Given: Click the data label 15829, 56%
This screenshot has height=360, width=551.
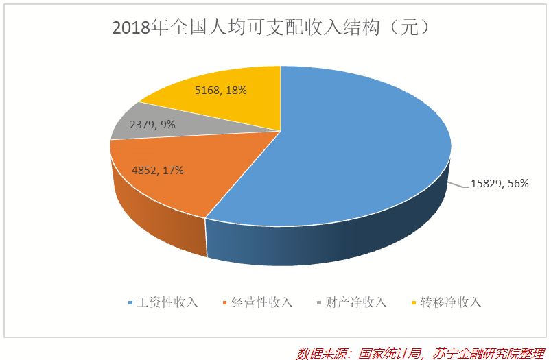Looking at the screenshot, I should [x=499, y=184].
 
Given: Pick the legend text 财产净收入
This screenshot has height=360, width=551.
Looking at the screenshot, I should [x=356, y=302].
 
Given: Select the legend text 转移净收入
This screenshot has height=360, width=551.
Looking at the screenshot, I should [x=451, y=302].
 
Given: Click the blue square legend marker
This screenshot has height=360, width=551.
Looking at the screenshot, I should [x=131, y=303].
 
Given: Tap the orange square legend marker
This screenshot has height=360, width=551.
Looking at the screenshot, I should [x=226, y=303].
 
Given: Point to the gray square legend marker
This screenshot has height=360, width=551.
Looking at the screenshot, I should [x=320, y=303].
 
